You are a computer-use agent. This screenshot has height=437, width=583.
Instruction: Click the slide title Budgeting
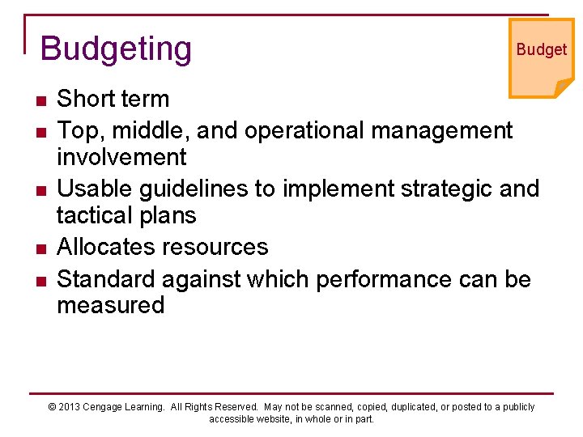tap(116, 49)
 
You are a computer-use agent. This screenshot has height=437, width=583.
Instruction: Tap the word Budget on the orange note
tap(542, 49)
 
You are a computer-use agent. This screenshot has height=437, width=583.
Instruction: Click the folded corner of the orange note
tap(564, 87)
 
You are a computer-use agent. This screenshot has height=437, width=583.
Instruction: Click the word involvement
tap(121, 156)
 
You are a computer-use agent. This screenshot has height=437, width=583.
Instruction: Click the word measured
tap(110, 305)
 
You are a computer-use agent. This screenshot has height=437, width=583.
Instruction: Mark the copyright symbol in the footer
tap(53, 407)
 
